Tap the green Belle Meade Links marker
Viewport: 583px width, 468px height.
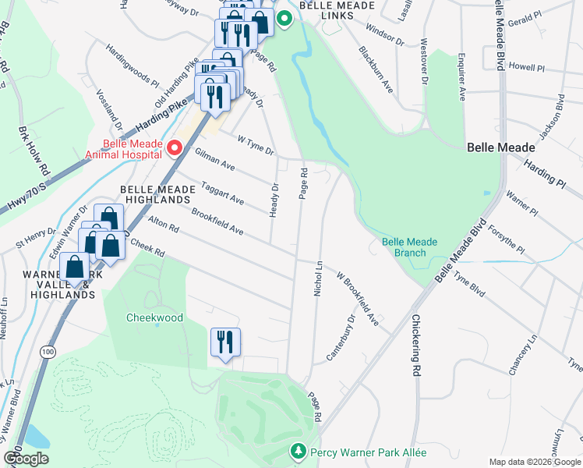tap(284, 19)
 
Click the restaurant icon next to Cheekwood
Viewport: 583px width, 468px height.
tap(225, 342)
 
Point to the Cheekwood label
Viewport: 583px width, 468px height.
tap(154, 318)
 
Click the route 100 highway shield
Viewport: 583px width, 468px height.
tap(48, 353)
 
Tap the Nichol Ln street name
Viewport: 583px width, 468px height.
tap(318, 279)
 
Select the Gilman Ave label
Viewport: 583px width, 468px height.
tap(215, 161)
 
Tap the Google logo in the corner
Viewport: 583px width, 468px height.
tap(26, 459)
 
